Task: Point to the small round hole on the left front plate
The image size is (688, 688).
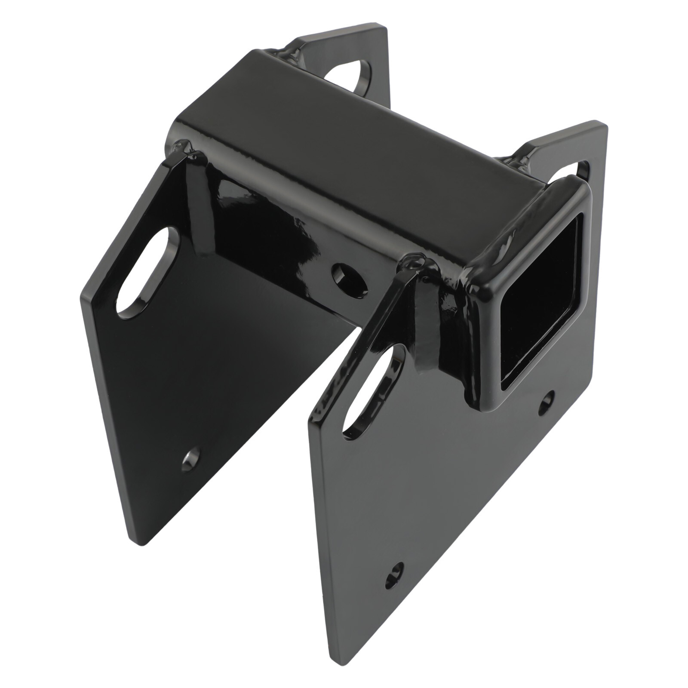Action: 190,460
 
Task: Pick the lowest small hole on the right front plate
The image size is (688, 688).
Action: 394,576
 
